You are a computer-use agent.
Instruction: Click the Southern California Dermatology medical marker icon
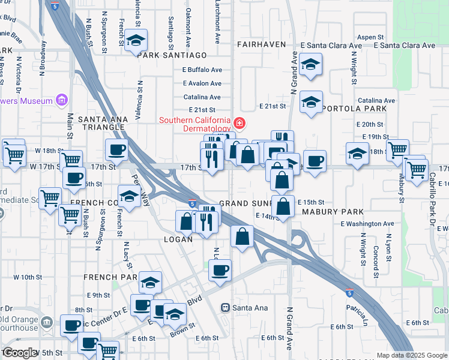pos(240,124)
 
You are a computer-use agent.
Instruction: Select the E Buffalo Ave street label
pos(202,70)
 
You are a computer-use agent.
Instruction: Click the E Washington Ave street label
pos(367,224)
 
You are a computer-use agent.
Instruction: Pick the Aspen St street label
pos(370,37)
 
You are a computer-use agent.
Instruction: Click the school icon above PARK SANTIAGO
pos(136,41)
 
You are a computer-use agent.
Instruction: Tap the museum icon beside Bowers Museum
pos(60,100)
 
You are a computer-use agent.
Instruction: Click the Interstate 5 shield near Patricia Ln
pos(349,293)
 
